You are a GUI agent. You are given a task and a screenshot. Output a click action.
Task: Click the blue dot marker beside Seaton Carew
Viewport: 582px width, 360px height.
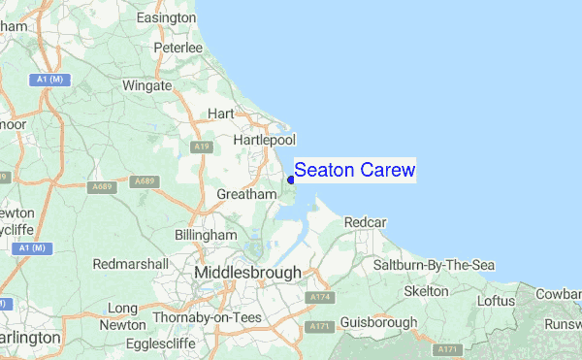pos(291,179)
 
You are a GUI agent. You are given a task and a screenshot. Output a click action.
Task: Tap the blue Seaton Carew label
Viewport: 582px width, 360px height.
pos(354,171)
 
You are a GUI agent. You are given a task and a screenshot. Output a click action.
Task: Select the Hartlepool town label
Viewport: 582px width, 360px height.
pos(264,141)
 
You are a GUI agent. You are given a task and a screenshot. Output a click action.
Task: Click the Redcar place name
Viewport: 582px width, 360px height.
pos(365,222)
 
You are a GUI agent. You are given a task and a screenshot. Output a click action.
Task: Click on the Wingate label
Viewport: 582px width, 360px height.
pos(148,85)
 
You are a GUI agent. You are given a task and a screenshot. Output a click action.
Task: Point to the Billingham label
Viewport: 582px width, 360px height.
pos(205,236)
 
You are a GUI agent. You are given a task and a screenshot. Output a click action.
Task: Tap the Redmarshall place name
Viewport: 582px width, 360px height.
pos(131,264)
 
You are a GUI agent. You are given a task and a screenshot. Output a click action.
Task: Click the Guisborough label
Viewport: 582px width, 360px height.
pos(378,322)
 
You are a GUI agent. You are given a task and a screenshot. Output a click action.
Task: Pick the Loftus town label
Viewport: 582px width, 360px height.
pos(496,301)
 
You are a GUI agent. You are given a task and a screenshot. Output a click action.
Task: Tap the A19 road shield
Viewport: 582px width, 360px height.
pos(201,147)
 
